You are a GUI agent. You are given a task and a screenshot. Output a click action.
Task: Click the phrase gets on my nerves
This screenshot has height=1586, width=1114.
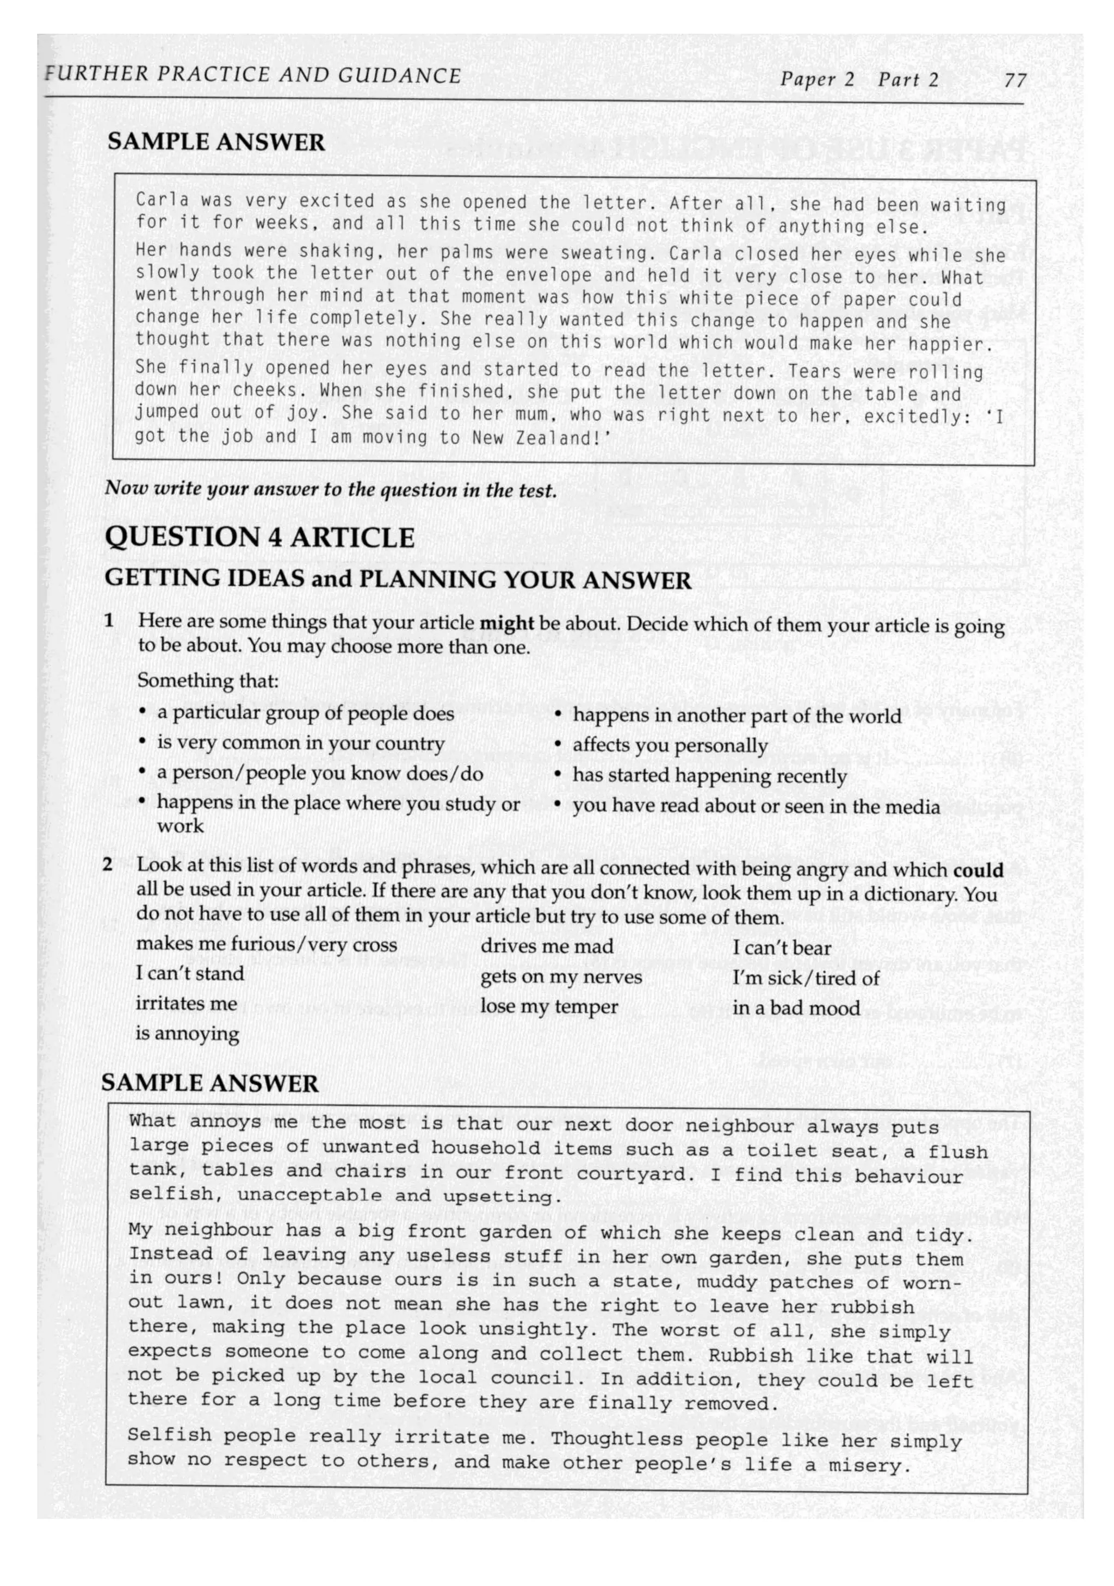(560, 976)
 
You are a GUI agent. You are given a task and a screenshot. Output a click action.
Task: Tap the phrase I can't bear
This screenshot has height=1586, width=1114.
(781, 948)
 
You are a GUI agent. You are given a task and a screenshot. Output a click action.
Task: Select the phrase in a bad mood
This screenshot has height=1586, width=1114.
(795, 1008)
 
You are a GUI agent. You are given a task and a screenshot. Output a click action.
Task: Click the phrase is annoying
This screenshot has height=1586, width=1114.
(187, 1034)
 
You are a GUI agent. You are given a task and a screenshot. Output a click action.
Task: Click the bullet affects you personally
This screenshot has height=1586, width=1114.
(669, 745)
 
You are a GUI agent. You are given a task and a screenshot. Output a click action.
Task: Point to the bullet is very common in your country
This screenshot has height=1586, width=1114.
(301, 743)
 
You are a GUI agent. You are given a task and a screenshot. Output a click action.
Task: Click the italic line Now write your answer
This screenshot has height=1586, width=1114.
(330, 490)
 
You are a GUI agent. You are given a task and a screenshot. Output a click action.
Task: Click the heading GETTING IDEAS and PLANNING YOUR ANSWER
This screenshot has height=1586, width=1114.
(398, 579)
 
